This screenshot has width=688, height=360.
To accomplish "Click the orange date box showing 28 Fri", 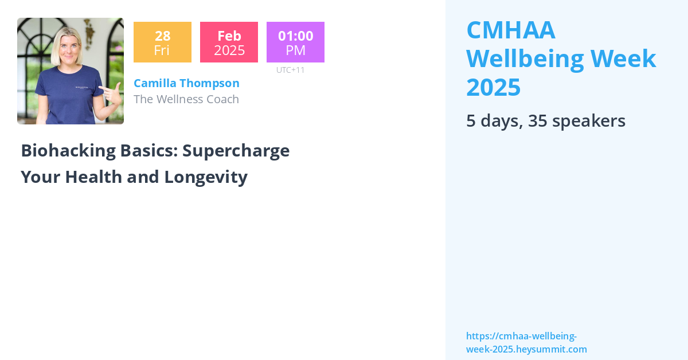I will pyautogui.click(x=162, y=42).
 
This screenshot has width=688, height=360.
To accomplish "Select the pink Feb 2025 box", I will pyautogui.click(x=229, y=42).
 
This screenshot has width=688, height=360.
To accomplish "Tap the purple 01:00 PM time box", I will pyautogui.click(x=295, y=42).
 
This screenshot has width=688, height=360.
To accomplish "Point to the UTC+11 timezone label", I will pyautogui.click(x=290, y=70).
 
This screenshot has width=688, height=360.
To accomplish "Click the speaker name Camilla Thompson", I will pyautogui.click(x=186, y=83).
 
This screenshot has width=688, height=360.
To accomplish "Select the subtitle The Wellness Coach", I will pyautogui.click(x=186, y=99).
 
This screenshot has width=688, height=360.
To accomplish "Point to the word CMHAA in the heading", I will pyautogui.click(x=510, y=30).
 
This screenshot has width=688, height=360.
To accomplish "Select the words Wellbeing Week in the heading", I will pyautogui.click(x=561, y=58).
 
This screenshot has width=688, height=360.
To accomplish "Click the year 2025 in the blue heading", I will pyautogui.click(x=493, y=87).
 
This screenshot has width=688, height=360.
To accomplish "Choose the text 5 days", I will pyautogui.click(x=494, y=121).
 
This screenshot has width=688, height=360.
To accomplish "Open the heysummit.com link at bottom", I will pyautogui.click(x=526, y=343).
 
